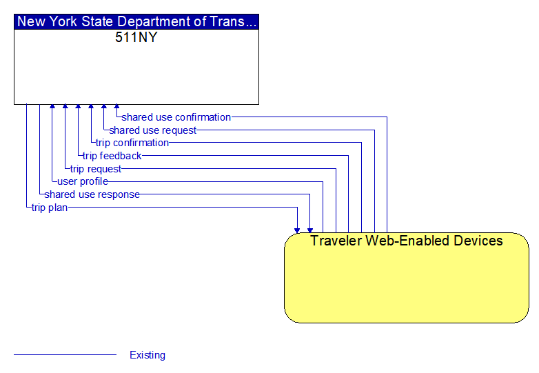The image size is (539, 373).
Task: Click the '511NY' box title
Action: tap(136, 37)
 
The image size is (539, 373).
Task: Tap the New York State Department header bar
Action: tap(136, 21)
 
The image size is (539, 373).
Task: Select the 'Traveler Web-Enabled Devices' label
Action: tap(406, 241)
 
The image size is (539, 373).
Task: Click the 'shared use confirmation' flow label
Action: tap(176, 117)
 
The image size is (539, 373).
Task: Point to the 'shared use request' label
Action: tap(152, 130)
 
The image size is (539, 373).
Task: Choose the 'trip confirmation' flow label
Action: tap(132, 143)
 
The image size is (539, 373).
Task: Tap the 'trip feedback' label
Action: tap(112, 156)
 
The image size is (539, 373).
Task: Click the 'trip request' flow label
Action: tap(96, 169)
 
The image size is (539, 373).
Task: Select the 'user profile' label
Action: tap(83, 181)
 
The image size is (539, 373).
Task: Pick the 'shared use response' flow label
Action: tap(92, 194)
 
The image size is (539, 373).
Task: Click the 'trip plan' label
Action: tap(50, 208)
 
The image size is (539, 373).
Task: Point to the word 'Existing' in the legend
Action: tap(148, 355)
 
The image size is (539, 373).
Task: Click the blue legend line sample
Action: tap(65, 354)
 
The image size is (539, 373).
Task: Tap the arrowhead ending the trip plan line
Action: tap(297, 230)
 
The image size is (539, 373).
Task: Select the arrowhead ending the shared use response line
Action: tap(310, 230)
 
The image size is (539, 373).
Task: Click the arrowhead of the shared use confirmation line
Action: tap(117, 107)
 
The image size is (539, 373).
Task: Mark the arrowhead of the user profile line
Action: tap(52, 107)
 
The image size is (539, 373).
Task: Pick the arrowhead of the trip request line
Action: tap(65, 107)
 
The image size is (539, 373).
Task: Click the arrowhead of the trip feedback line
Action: tap(78, 107)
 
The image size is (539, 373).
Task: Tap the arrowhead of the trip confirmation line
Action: tap(91, 107)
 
